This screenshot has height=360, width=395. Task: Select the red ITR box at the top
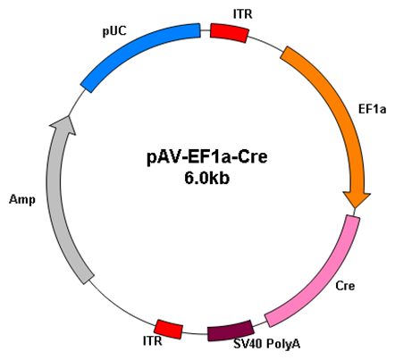click(x=229, y=33)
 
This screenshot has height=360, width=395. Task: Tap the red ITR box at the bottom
click(x=168, y=329)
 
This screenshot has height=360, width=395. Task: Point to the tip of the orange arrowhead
click(x=355, y=208)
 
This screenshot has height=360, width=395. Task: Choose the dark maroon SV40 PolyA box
click(x=231, y=331)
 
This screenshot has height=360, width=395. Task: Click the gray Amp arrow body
click(x=61, y=203)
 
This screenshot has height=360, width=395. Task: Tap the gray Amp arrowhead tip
click(x=70, y=116)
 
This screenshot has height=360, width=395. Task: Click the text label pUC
click(x=114, y=31)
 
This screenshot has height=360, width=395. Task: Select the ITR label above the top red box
click(x=243, y=14)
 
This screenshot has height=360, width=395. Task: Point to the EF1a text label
click(x=373, y=109)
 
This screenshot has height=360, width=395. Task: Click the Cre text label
click(x=345, y=286)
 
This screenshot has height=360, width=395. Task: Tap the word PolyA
click(x=283, y=344)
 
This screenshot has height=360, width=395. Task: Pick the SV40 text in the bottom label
click(x=248, y=344)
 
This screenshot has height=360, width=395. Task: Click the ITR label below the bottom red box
click(x=153, y=341)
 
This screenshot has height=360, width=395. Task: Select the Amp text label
click(x=22, y=200)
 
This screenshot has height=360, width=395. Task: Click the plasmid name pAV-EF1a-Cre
click(x=207, y=157)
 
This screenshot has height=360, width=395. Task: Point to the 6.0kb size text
click(x=206, y=178)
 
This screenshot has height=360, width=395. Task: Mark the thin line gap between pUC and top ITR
click(x=206, y=30)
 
